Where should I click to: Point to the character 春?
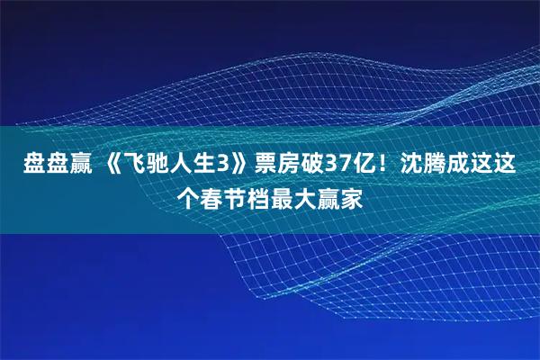[x=214, y=196]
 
